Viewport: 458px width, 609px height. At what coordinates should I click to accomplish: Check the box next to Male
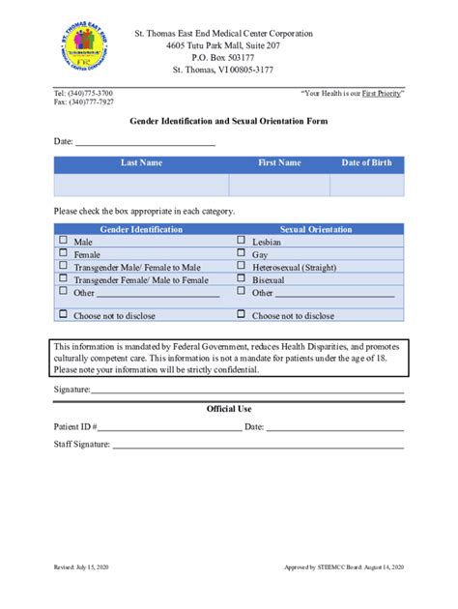[x=64, y=241]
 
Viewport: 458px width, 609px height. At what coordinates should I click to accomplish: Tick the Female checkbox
[x=64, y=253]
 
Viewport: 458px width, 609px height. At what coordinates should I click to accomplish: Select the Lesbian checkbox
[x=241, y=241]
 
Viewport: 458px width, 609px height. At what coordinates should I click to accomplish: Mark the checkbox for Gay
[x=241, y=253]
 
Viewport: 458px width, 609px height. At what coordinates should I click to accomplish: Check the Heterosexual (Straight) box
[x=241, y=266]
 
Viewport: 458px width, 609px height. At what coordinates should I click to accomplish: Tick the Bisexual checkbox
[x=241, y=278]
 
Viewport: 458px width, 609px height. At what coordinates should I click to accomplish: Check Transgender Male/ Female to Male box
[x=64, y=266]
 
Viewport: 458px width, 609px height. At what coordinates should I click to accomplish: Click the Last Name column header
[x=141, y=163]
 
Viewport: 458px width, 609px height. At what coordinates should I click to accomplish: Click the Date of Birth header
[x=367, y=163]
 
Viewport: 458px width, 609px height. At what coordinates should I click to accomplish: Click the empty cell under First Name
[x=279, y=185]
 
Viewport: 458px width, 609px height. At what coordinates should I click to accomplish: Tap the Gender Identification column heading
[x=141, y=229]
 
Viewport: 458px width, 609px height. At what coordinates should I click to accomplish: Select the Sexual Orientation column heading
[x=316, y=229]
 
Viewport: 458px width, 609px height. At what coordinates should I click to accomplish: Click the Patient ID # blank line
[x=169, y=426]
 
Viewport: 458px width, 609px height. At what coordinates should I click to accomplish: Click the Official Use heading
[x=229, y=408]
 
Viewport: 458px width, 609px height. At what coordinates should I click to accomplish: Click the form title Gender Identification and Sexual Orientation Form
[x=229, y=122]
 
